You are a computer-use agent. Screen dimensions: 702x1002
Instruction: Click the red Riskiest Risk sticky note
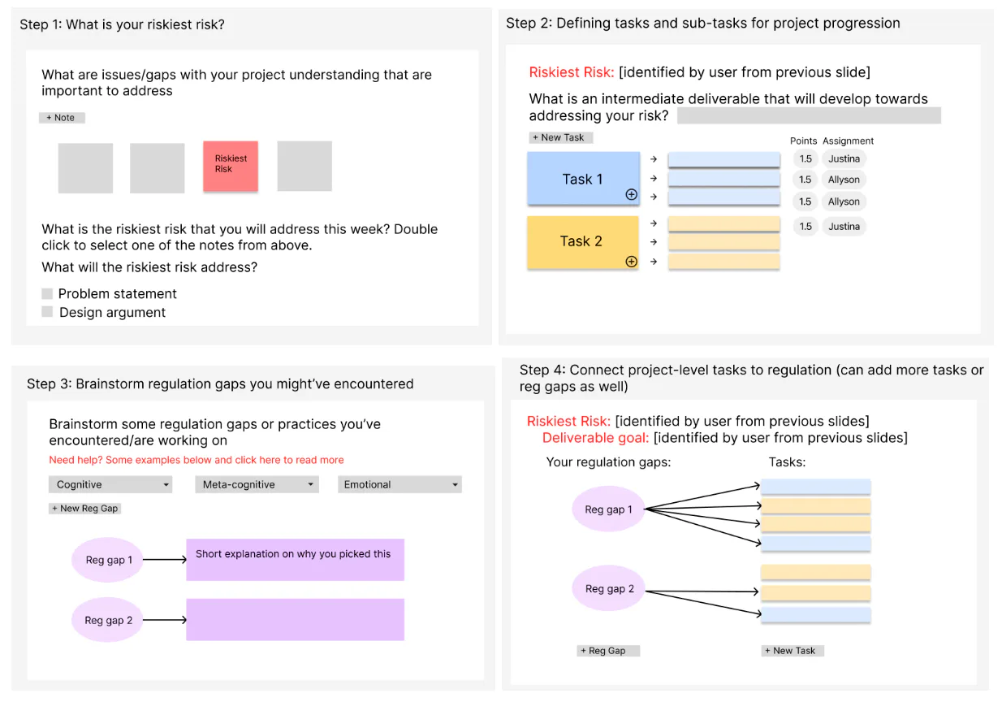pos(231,166)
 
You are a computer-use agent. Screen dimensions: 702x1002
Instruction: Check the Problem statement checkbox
pos(47,293)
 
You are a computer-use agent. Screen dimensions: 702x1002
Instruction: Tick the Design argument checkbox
pos(47,312)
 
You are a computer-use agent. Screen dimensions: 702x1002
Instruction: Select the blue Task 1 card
pos(582,179)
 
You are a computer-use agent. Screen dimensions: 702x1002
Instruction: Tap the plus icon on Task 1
pos(631,195)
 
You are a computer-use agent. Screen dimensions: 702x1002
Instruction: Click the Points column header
pos(803,141)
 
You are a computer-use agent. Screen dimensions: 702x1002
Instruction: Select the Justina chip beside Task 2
pos(844,227)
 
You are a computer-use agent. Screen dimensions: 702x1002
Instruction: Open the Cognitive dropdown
pos(110,484)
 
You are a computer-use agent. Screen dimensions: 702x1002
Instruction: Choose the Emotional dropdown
pos(400,484)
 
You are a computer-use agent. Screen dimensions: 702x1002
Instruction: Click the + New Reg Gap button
pos(85,509)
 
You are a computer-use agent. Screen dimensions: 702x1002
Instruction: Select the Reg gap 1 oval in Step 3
pos(108,560)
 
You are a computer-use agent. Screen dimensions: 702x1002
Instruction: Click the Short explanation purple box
pos(295,560)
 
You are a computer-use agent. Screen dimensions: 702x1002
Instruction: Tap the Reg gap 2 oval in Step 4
pos(609,589)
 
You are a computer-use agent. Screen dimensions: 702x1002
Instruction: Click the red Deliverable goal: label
pos(595,438)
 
